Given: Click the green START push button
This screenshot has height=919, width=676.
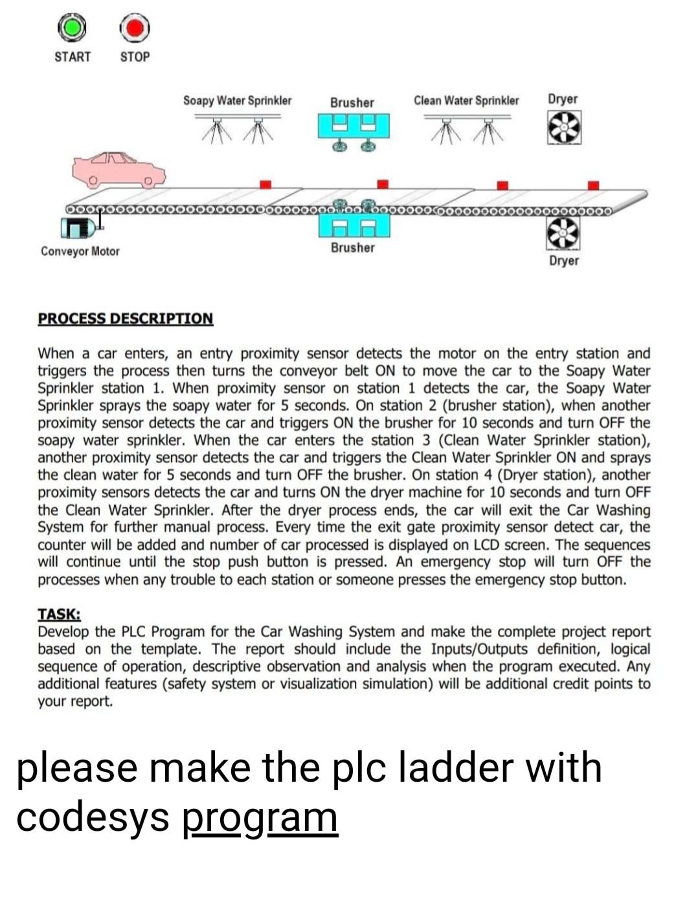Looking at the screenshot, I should [x=72, y=28].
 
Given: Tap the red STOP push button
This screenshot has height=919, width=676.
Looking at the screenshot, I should [x=135, y=28].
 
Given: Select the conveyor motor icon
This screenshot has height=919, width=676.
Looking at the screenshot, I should [x=79, y=227].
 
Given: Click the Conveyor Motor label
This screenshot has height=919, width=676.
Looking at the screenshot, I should [x=80, y=251].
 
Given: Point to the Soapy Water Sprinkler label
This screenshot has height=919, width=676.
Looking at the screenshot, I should [x=237, y=100].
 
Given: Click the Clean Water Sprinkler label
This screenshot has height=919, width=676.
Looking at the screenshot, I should [x=466, y=100].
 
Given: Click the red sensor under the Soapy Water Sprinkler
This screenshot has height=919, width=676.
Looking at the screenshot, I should [x=265, y=185].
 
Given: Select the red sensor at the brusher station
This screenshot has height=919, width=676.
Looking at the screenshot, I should [x=383, y=184].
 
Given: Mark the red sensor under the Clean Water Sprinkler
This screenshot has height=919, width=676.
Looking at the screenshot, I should [x=502, y=185].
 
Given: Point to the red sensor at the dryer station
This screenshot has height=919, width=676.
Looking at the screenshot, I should [x=592, y=185].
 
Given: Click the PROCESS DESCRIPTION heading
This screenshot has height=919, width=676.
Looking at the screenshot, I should [x=125, y=319].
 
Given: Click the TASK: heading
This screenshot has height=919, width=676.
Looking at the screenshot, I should [x=59, y=614].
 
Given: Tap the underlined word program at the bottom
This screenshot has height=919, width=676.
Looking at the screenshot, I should [x=260, y=817].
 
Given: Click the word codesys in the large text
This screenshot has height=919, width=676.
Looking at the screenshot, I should [x=93, y=817].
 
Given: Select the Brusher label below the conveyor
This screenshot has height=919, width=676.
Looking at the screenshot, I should [x=353, y=248].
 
